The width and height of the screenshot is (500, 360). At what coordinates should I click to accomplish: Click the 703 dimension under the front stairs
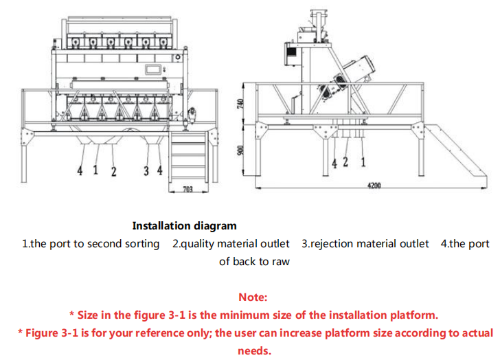tap(187, 188)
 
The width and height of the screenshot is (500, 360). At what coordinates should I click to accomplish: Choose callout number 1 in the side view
tap(362, 163)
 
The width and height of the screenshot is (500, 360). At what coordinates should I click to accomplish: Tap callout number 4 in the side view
tap(334, 163)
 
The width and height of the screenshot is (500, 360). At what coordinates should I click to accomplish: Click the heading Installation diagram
tap(184, 225)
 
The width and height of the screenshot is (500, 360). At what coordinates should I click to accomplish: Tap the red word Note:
tap(253, 297)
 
